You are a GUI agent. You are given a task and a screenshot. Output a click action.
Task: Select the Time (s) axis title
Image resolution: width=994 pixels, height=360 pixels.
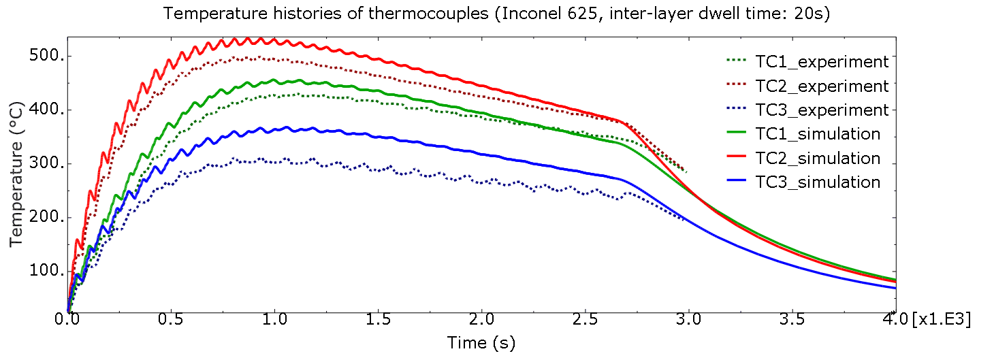coord(481,342)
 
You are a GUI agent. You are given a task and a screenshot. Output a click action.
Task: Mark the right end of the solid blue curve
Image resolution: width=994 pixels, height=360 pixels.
coord(895,288)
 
